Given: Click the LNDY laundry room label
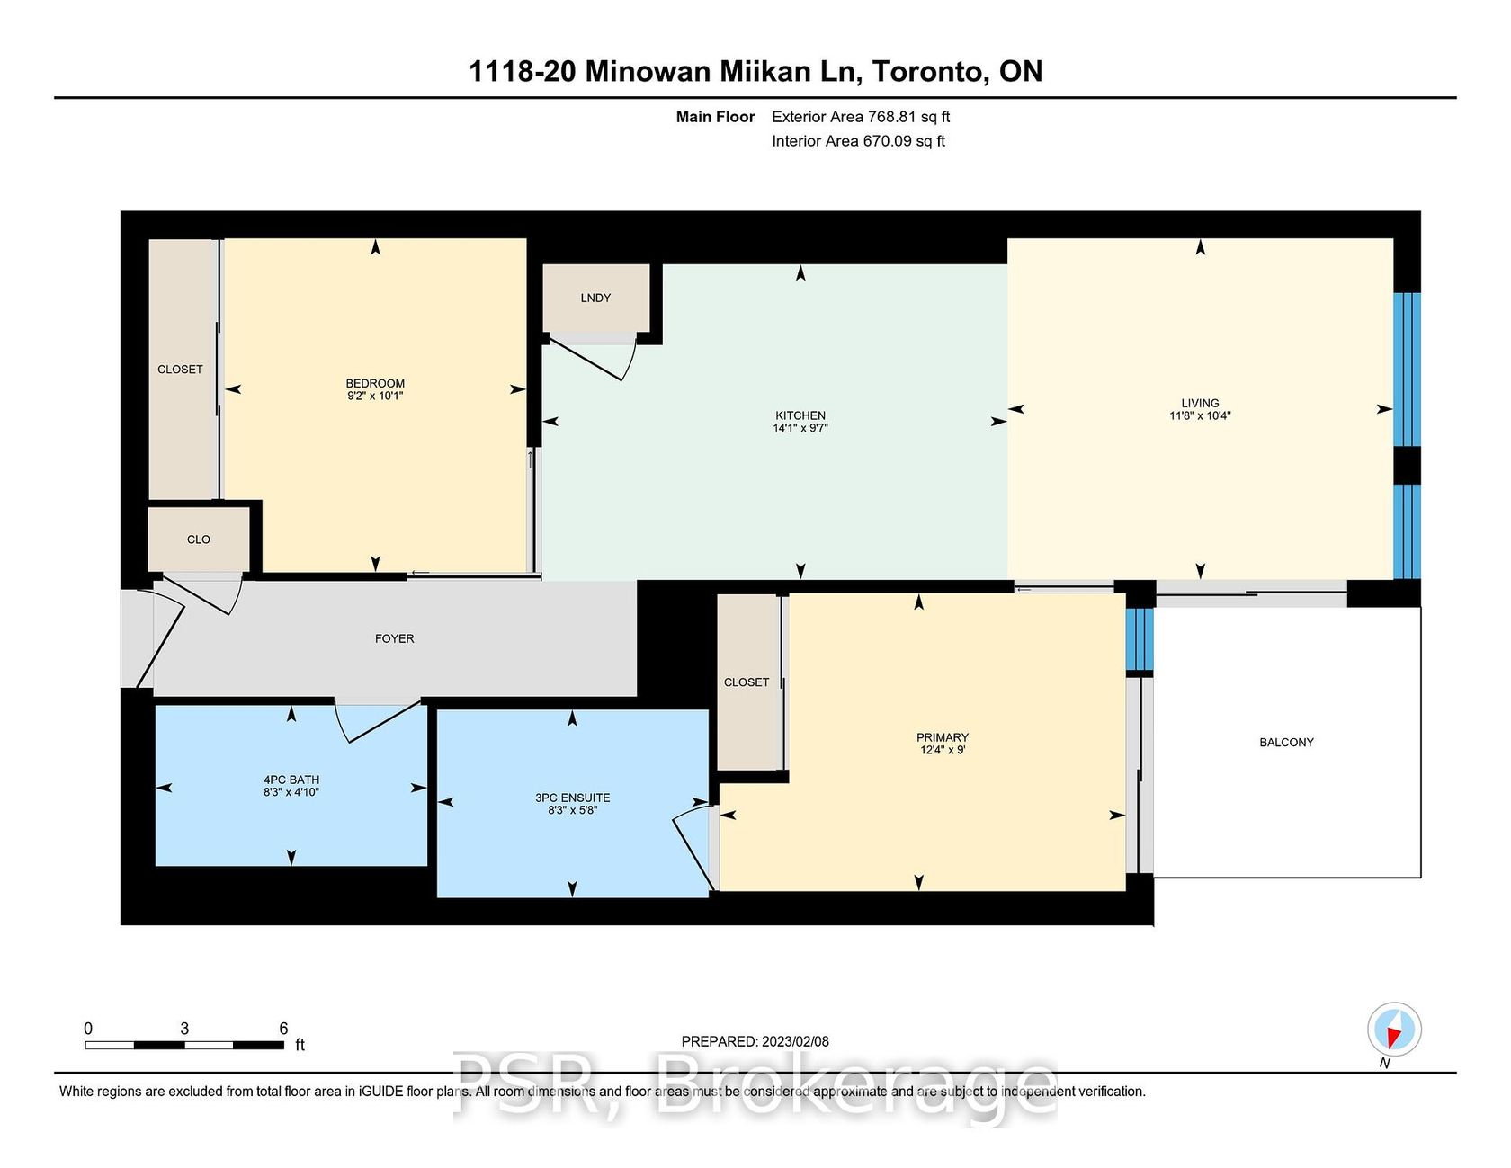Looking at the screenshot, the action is [595, 298].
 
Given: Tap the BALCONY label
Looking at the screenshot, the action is [1286, 742].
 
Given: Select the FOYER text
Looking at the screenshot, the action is [395, 638].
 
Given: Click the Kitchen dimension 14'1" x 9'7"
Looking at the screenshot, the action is [800, 428].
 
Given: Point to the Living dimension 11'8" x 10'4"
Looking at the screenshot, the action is [1200, 415].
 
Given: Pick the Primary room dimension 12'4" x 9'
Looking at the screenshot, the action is [943, 750].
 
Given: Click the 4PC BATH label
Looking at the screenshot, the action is [291, 780].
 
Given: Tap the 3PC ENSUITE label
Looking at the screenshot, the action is [572, 798].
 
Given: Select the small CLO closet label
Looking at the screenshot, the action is [199, 539].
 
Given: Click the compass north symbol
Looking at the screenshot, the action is [1394, 1029].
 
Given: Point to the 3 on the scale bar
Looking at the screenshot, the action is [184, 1029].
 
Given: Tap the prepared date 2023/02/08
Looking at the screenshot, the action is [795, 1041].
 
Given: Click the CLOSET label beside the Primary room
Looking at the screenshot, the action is [747, 682].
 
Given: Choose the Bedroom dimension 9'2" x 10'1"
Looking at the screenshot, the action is [375, 396].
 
